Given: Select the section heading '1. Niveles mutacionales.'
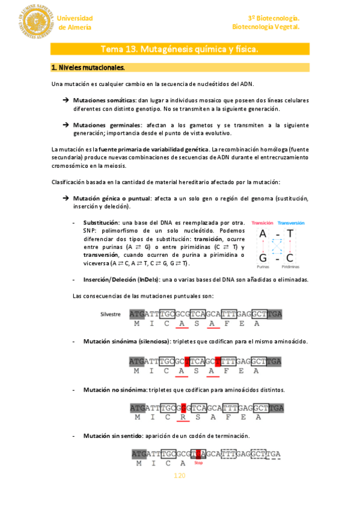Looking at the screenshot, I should click(x=88, y=67).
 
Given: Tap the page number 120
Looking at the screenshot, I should click(x=179, y=476).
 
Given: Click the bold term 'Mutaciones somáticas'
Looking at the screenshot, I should click(x=105, y=100).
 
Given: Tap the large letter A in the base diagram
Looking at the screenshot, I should click(x=263, y=235).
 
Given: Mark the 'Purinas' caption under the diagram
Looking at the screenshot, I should click(x=263, y=266).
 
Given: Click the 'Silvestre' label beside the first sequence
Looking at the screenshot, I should click(x=111, y=314).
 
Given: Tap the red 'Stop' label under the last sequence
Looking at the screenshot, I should click(x=198, y=462).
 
